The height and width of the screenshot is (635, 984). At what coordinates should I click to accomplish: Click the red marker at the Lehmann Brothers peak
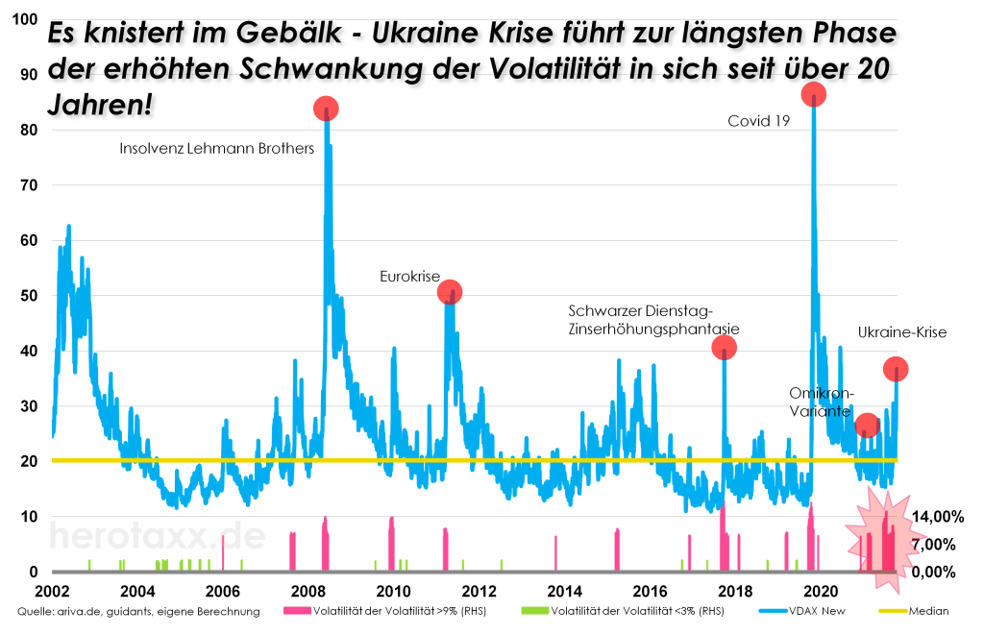[326, 109]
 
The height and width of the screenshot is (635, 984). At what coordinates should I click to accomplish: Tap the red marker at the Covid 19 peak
[814, 94]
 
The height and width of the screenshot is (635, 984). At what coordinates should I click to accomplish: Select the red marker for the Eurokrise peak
[450, 291]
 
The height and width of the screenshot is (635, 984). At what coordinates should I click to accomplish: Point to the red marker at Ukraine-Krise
[896, 370]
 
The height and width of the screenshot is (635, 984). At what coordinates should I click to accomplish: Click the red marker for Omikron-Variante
[867, 426]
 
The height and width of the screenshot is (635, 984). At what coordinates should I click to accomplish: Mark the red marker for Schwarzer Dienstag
[724, 347]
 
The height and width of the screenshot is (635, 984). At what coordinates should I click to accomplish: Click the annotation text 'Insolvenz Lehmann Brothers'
[217, 149]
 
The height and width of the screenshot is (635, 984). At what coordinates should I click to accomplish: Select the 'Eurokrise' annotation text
[409, 277]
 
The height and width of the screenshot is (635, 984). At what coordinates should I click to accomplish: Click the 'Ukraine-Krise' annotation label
[902, 333]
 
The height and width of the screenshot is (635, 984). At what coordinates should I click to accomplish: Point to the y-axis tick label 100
[24, 19]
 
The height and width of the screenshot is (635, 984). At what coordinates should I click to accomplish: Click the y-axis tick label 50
[28, 296]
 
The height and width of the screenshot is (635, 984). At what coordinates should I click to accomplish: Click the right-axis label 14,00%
[936, 517]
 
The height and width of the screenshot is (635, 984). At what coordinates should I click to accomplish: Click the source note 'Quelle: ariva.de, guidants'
[138, 611]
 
